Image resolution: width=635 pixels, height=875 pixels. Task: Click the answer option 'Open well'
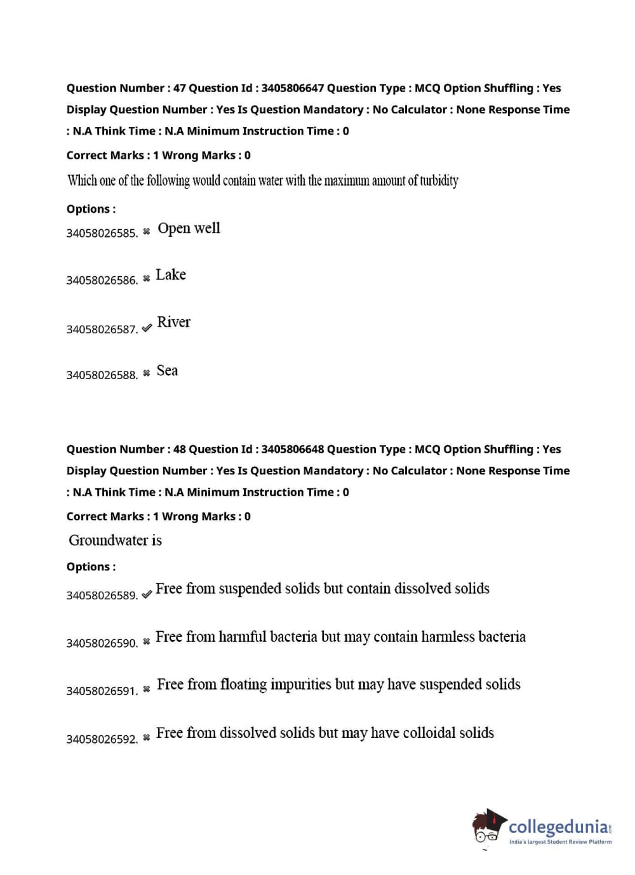coord(189,229)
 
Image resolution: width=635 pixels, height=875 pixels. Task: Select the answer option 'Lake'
coord(171,275)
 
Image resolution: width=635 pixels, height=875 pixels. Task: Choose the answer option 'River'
coord(173,323)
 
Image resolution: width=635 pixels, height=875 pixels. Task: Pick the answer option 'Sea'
coord(167,371)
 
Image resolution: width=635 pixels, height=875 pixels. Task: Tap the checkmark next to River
coord(147,328)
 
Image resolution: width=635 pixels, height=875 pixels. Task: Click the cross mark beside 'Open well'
coord(147,232)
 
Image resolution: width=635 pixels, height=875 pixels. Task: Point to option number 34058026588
coord(102,375)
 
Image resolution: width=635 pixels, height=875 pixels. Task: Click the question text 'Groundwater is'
coord(115,540)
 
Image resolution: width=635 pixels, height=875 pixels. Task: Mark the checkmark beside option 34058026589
coord(147,594)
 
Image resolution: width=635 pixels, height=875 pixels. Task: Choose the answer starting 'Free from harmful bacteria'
coord(340,637)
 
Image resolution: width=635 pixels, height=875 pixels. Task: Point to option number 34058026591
coord(102,691)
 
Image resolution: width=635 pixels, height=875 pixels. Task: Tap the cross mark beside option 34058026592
coord(147,738)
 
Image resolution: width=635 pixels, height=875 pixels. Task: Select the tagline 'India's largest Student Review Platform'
coord(560,842)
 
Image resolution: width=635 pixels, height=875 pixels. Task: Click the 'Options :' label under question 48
coord(91,566)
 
